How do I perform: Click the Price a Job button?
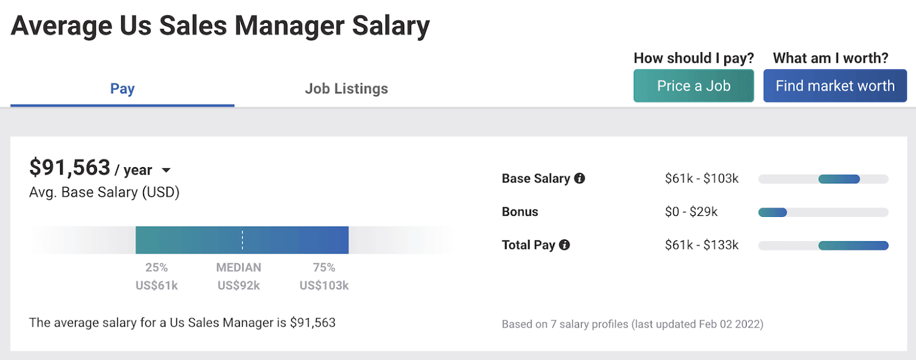point(693,86)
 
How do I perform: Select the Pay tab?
point(123,89)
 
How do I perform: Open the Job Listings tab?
point(346,89)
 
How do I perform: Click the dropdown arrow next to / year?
point(166,170)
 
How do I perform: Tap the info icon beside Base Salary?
point(579,179)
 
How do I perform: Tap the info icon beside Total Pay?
point(564,245)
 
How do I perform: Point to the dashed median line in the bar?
point(242,240)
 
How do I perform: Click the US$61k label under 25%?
point(157,285)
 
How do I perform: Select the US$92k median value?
point(239,285)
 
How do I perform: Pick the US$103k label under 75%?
point(324,285)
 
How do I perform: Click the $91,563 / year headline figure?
point(70,168)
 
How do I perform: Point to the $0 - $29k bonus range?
point(691,212)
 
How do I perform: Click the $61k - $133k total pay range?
point(701,245)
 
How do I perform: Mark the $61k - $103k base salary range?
point(701,179)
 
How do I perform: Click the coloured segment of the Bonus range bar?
point(772,212)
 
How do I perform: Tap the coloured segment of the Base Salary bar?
point(839,179)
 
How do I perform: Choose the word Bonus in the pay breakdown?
point(520,212)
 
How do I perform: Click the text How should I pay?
point(693,58)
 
